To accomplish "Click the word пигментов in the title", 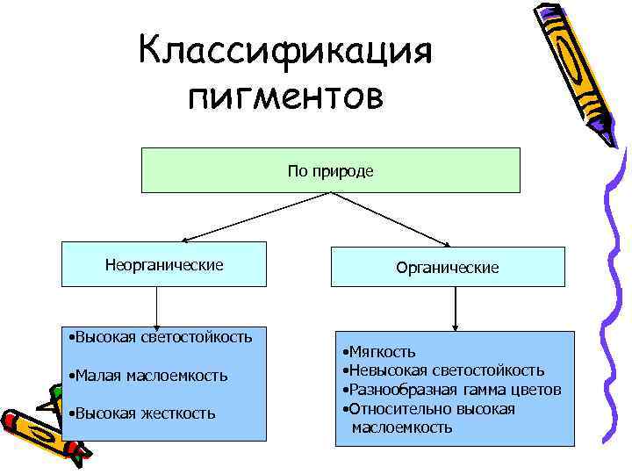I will pos(286,96).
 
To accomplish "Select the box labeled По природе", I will pos(330,170).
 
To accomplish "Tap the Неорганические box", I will pos(164,264).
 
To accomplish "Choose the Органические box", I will pos(447,267).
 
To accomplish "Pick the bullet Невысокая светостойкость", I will pos(446,371).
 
